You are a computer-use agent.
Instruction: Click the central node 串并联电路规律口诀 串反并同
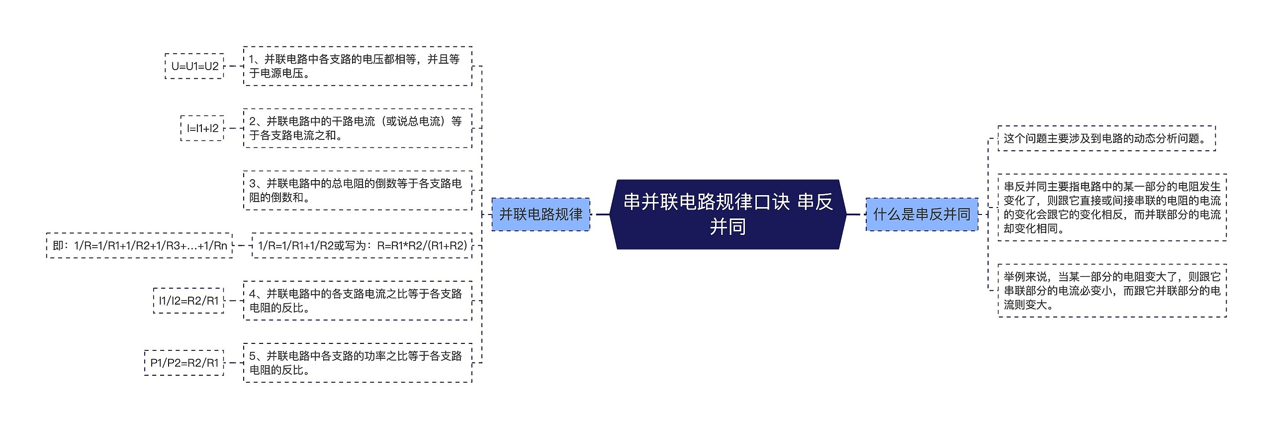tap(727, 214)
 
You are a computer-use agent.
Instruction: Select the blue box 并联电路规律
tap(541, 214)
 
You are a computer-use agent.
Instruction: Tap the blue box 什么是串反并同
tap(921, 214)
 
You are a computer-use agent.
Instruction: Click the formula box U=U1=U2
tap(194, 66)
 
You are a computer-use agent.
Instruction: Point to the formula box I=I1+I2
tap(202, 128)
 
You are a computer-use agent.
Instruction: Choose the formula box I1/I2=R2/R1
tap(188, 301)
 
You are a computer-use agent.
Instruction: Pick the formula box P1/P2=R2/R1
tap(184, 363)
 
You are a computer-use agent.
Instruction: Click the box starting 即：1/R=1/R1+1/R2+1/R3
tap(139, 245)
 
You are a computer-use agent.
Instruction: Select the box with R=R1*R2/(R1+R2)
tap(362, 245)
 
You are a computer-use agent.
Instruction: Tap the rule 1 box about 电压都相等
tap(357, 66)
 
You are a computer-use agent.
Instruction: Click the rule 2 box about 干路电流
tap(357, 128)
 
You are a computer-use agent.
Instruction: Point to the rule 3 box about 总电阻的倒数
tap(357, 191)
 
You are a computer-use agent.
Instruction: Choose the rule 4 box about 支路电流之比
tap(357, 301)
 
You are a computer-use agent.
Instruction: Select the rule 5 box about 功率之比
tap(357, 363)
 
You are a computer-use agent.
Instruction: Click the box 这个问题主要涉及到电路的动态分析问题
tap(1106, 138)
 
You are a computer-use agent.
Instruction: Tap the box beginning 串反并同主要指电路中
tap(1112, 208)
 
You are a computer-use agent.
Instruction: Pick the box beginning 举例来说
tap(1112, 291)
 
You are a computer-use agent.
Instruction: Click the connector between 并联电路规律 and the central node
tap(602, 214)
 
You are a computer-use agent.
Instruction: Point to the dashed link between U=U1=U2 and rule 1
tap(234, 66)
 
